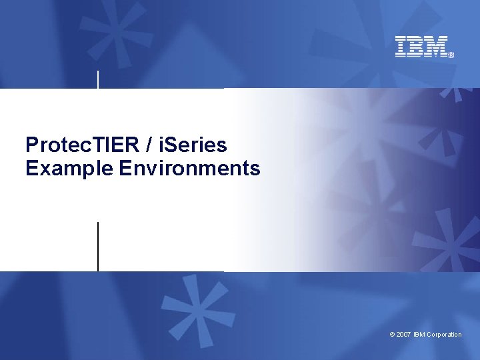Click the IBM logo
[422, 47]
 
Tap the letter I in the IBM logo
[401, 47]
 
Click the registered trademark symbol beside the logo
[451, 55]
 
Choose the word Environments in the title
[190, 169]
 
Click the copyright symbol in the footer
[392, 335]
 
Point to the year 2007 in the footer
[404, 335]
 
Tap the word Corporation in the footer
[444, 335]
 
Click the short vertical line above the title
[99, 79]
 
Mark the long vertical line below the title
[98, 247]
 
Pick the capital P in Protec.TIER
[32, 145]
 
